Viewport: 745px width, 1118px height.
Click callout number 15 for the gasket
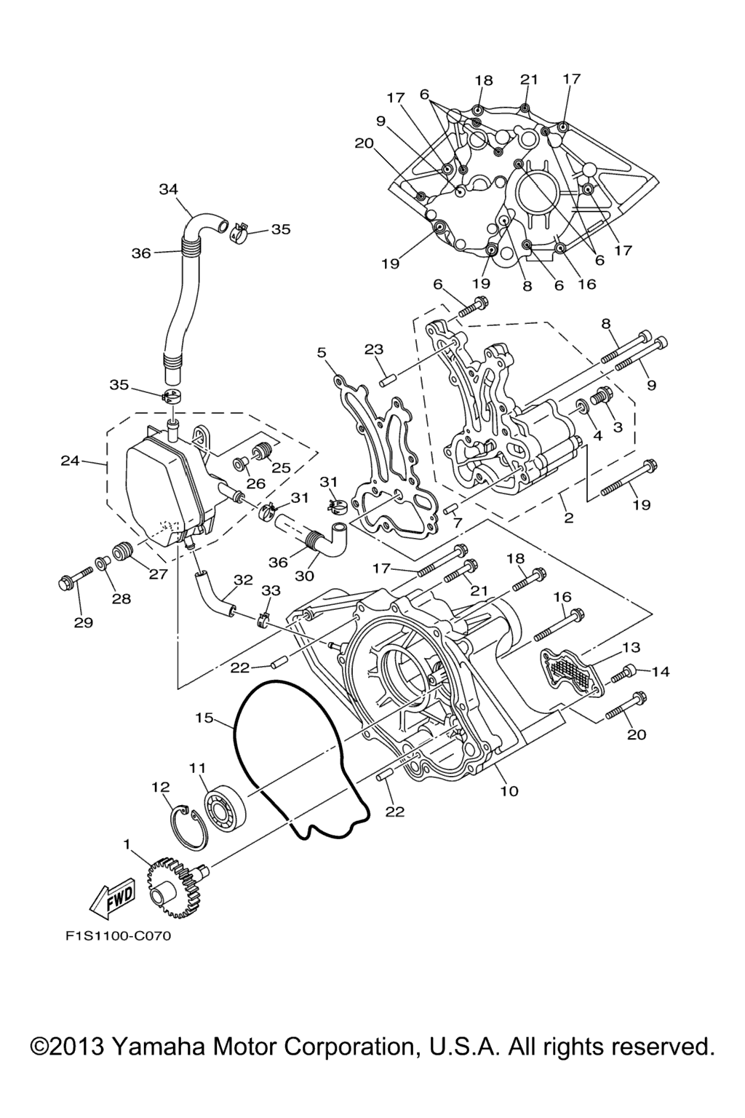click(x=204, y=718)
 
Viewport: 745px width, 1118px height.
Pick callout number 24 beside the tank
click(x=70, y=461)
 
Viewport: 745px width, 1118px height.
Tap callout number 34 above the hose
click(x=169, y=190)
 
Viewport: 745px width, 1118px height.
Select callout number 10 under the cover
click(x=509, y=790)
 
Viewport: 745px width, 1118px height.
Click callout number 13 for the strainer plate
click(x=630, y=647)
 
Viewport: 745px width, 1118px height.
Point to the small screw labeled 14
click(x=623, y=673)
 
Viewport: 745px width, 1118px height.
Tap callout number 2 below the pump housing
click(x=568, y=518)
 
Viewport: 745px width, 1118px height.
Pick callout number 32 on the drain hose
click(x=243, y=580)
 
